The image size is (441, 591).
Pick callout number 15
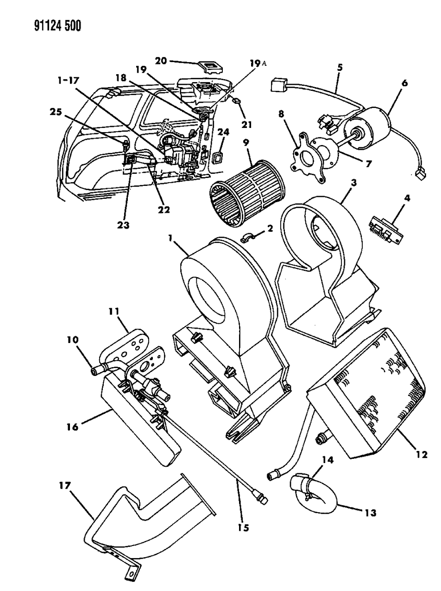click(x=243, y=527)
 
